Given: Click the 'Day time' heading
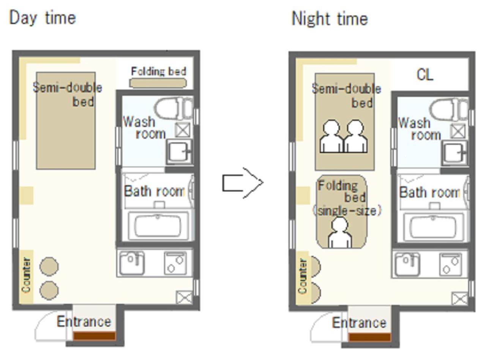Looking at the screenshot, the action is (x=43, y=18).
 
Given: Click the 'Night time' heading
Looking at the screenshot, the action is (x=330, y=19).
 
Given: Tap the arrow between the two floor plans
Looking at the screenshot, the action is (x=243, y=183).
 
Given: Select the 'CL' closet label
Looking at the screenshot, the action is (x=424, y=75).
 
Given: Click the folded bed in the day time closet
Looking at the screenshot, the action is (x=158, y=83).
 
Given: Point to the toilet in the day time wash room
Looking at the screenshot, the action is (x=174, y=108).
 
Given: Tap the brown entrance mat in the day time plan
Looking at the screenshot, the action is (x=94, y=336).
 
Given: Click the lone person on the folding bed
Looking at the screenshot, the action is (x=339, y=233).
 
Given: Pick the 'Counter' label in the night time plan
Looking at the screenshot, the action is (x=303, y=276).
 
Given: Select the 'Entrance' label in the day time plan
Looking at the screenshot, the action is (x=84, y=322).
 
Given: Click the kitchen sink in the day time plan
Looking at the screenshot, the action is (x=132, y=263).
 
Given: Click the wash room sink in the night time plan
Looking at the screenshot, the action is (x=454, y=153).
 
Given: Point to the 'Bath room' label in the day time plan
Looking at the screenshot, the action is (x=155, y=191).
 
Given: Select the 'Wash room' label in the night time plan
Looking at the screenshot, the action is (x=420, y=129).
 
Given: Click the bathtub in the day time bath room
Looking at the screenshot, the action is (x=158, y=226).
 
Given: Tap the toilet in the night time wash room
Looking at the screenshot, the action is (x=449, y=109).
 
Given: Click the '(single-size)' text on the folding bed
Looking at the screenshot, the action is (x=347, y=211).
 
